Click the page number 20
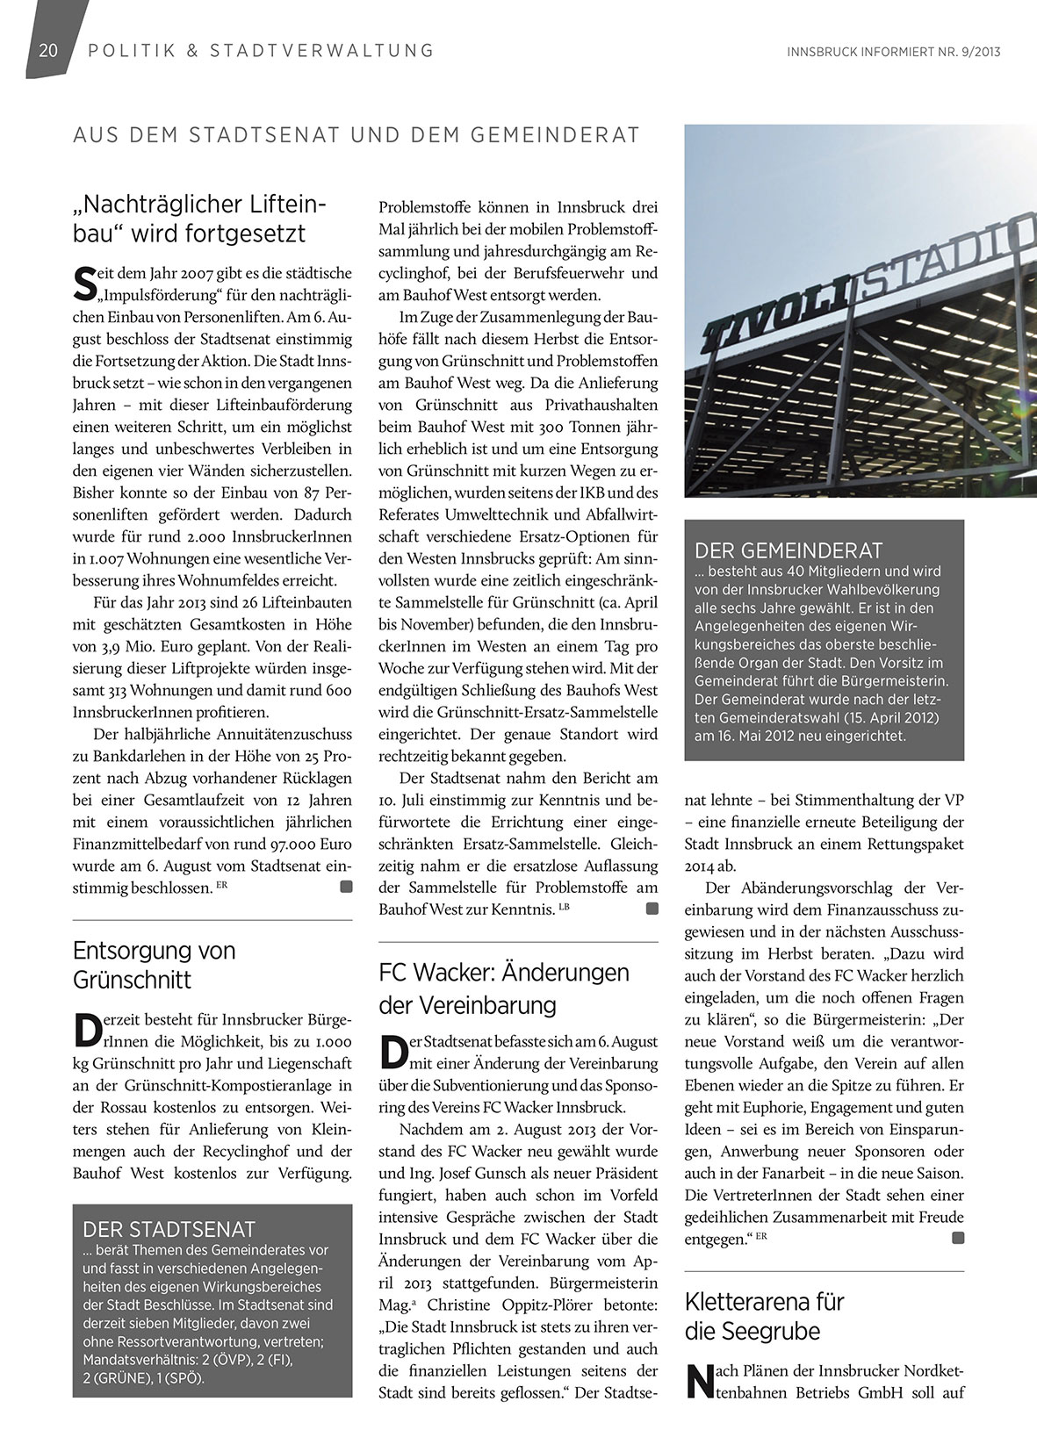pos(47,51)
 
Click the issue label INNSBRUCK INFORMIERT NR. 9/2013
pos(894,52)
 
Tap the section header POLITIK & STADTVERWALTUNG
pos(261,51)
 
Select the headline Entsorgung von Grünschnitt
pos(155,964)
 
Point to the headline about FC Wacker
pos(504,988)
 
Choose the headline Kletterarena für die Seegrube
pos(764,1315)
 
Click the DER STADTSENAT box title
pos(168,1229)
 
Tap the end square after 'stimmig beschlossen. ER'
pos(346,888)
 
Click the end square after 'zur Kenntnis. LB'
pos(652,909)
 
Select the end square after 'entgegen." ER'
pos(957,1239)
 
